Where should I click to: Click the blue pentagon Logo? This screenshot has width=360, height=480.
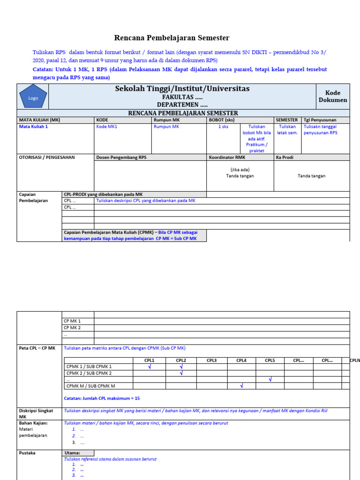[33, 97]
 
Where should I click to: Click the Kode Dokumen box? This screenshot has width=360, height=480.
[333, 96]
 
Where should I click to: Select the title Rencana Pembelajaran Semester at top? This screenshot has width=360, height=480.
[172, 38]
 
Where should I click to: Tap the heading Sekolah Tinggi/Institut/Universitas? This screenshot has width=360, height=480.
[182, 89]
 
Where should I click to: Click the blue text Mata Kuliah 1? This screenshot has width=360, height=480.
[33, 127]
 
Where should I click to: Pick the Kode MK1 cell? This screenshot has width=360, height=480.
[106, 127]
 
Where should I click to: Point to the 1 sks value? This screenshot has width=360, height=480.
[223, 127]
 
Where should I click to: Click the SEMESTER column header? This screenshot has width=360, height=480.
[286, 120]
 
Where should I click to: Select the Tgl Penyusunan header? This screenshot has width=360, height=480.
[320, 120]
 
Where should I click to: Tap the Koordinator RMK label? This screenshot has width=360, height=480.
[227, 157]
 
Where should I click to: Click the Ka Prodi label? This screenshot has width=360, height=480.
[285, 157]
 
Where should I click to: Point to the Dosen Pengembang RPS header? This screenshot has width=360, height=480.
[121, 157]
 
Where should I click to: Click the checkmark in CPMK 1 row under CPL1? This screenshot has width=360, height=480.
[150, 367]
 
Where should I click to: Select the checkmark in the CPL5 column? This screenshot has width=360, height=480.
[270, 379]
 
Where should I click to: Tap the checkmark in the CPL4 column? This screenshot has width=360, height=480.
[241, 386]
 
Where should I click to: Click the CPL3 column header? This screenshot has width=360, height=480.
[211, 360]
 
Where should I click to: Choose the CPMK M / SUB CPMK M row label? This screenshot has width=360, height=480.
[91, 386]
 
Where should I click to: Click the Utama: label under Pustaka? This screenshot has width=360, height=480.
[72, 453]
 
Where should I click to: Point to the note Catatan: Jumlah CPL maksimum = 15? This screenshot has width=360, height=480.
[101, 398]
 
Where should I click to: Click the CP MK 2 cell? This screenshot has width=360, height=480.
[72, 328]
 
